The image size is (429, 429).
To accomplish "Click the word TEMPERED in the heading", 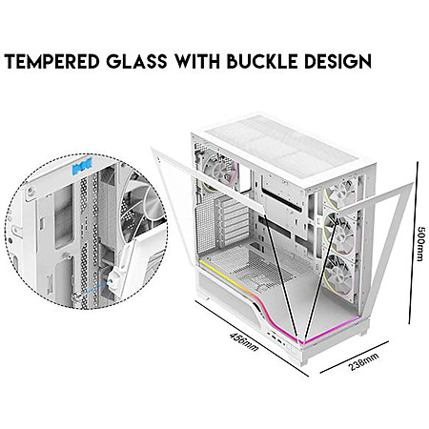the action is pyautogui.click(x=52, y=61).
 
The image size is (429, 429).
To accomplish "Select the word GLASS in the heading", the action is pyautogui.click(x=136, y=61).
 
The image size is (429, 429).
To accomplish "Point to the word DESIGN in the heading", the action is pyautogui.click(x=337, y=61).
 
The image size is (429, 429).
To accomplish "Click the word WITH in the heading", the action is pyautogui.click(x=197, y=61).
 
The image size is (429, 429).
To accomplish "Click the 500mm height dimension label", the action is pyautogui.click(x=421, y=243).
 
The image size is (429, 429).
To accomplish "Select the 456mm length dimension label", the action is pyautogui.click(x=244, y=341).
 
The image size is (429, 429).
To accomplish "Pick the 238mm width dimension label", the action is pyautogui.click(x=364, y=361).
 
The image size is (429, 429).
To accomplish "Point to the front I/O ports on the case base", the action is pyautogui.click(x=275, y=337).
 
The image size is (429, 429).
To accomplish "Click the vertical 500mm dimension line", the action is pyautogui.click(x=412, y=244).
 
